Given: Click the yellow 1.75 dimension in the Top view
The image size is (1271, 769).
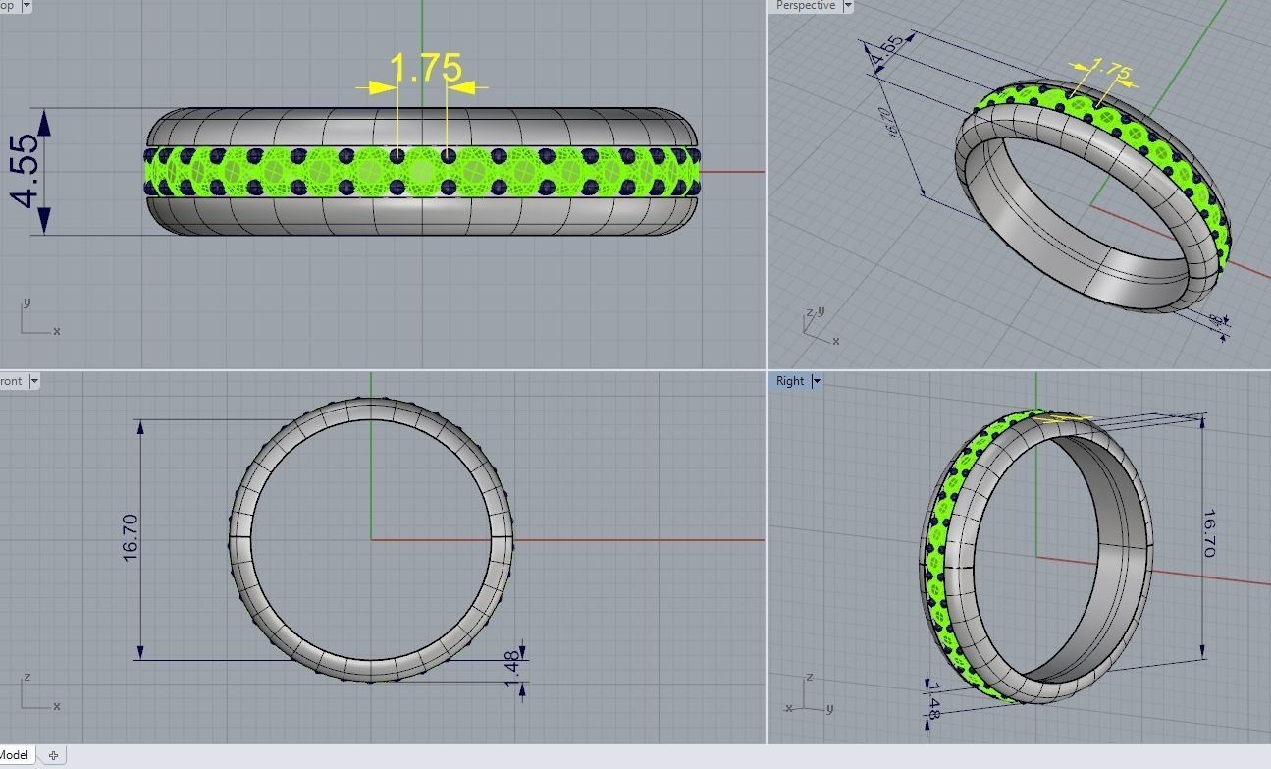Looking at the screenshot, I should pos(425,68).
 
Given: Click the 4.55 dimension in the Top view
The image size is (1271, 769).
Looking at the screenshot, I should pos(26,170).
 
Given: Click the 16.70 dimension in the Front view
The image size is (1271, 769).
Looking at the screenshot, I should pos(131,538).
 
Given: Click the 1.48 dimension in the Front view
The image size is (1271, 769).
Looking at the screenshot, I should pos(512,665).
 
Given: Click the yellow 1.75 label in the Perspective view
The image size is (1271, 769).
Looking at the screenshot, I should pos(1111,71).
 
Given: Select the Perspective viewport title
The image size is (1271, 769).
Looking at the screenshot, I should pos(805,6).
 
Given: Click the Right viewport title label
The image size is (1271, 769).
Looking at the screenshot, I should pos(789,381).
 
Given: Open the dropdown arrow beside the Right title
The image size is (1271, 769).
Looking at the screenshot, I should pos(816,381).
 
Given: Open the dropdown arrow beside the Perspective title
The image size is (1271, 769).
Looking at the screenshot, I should pos(847,6).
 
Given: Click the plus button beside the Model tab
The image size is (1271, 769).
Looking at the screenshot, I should pos(53,755).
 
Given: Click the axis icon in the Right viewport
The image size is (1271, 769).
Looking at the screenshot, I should pos(807,695).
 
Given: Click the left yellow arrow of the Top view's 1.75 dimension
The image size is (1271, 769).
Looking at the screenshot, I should pos(377,88).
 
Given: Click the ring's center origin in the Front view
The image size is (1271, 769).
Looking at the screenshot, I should pos(371,539).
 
